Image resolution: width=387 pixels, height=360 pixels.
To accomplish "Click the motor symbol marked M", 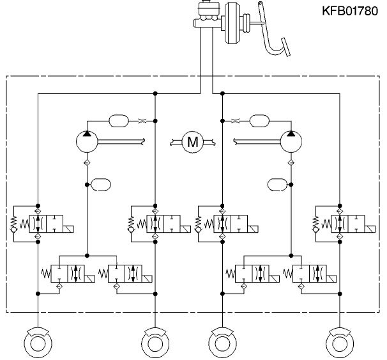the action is point(192,142).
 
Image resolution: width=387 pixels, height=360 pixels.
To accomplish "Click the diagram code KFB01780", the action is point(350,11).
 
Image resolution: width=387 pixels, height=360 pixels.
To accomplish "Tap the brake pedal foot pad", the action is point(286,47).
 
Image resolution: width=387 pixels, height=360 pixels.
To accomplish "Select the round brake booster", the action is point(232,23).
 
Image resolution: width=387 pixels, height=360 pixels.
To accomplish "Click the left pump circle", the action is point(87,142).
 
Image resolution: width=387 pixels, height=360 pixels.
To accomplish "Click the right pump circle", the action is point(291,142).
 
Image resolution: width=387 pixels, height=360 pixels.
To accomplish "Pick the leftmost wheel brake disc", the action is point(38,343).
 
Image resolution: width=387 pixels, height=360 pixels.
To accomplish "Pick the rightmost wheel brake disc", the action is point(340,343).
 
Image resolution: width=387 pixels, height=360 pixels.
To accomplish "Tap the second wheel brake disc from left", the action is point(155,343).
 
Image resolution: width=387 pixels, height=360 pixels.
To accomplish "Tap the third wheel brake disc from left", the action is point(222,343).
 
